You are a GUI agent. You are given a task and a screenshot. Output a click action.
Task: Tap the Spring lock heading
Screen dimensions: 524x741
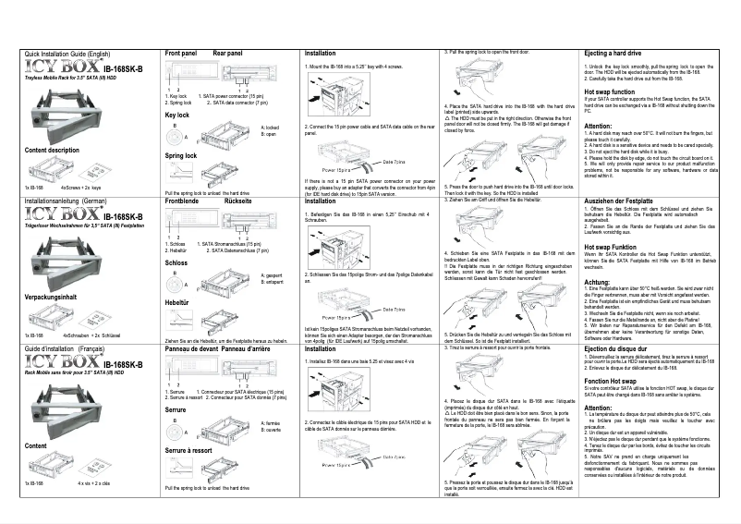(182, 156)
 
